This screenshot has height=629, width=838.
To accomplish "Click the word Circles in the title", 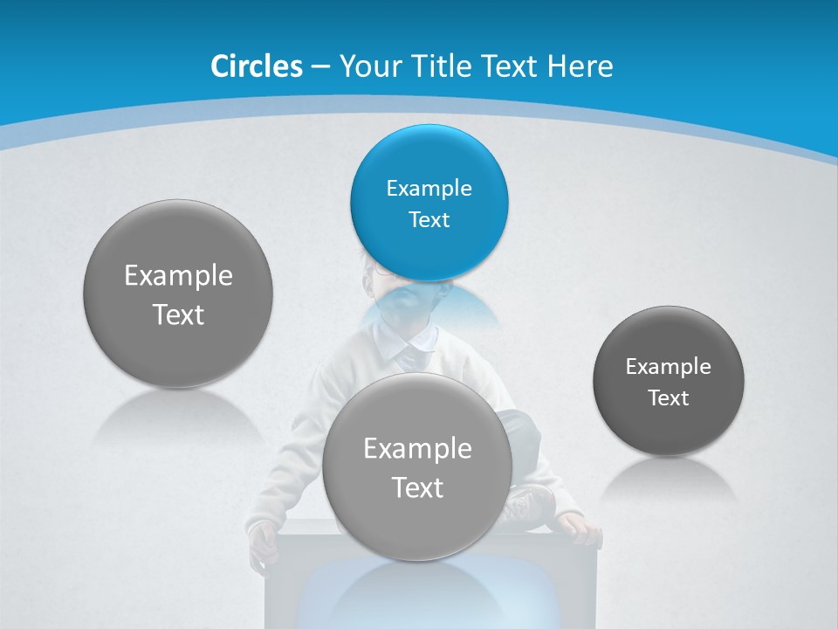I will [256, 66].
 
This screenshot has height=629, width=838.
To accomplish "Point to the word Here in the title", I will [580, 66].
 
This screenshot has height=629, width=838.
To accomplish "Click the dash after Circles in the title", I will [320, 66].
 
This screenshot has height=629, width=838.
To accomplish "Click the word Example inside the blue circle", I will [429, 188].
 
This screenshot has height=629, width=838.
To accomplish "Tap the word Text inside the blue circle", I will [429, 219].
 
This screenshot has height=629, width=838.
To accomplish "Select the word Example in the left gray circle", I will [178, 276].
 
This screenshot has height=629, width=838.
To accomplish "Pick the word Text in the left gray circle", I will [178, 314].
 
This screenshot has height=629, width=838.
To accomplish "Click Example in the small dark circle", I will [668, 366].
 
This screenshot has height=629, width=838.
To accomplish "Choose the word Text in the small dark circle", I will [668, 397].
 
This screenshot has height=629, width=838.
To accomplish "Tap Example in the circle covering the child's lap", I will [417, 449].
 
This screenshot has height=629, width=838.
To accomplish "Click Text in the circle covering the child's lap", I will [417, 487].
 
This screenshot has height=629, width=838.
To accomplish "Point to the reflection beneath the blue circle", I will [429, 306].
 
